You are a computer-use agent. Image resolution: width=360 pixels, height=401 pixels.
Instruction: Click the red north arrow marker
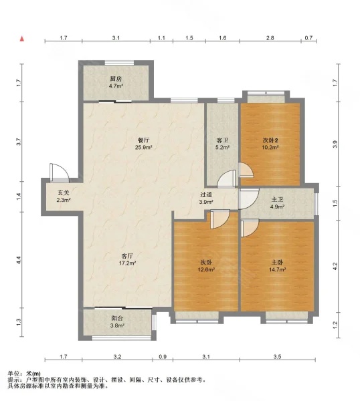point(22,39)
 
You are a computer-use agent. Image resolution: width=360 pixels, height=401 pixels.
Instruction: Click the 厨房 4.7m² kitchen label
point(116,82)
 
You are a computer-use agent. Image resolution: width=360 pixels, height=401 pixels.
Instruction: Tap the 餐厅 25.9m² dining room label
point(144,144)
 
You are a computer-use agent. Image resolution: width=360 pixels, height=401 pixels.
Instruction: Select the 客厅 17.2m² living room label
point(127,259)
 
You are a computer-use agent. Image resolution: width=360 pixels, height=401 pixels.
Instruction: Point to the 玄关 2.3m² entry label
point(64,196)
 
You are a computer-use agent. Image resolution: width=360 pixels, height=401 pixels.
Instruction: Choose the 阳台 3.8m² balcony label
point(117,322)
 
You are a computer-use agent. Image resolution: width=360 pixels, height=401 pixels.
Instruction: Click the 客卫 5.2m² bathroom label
point(222,144)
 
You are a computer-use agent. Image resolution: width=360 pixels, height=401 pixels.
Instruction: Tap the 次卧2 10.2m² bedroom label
point(270,144)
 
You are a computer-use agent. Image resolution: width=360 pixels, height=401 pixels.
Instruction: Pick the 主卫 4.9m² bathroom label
point(277,203)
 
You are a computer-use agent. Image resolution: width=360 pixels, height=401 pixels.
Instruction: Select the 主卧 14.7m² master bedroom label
point(277,266)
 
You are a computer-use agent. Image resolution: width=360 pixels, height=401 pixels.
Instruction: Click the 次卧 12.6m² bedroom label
point(206,266)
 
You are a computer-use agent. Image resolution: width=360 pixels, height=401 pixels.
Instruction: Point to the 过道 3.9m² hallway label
point(206,198)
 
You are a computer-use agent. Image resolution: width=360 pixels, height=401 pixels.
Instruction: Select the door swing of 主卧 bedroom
point(250,228)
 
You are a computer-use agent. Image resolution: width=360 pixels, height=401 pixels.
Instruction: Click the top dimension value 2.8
point(270,38)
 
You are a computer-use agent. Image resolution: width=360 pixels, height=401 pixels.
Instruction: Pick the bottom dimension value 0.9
point(163,356)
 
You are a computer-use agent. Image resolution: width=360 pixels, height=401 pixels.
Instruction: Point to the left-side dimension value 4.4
point(18,260)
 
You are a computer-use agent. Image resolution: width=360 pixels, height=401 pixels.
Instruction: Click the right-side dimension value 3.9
point(335,144)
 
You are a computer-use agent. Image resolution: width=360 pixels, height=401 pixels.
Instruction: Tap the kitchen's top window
point(119,62)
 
